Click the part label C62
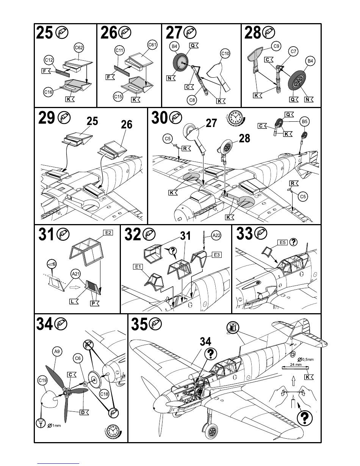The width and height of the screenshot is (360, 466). (79, 48)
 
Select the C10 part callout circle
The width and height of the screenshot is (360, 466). (225, 53)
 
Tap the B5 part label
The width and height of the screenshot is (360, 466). (304, 122)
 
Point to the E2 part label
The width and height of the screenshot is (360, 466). (108, 232)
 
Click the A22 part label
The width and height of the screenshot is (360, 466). (216, 235)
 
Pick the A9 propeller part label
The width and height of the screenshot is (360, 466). (56, 352)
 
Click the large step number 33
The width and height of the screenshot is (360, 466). (245, 234)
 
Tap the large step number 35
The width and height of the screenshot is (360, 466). (140, 324)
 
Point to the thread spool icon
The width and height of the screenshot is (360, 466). (232, 327)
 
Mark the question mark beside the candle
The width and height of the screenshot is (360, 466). (306, 418)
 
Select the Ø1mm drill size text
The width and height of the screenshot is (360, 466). (54, 425)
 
